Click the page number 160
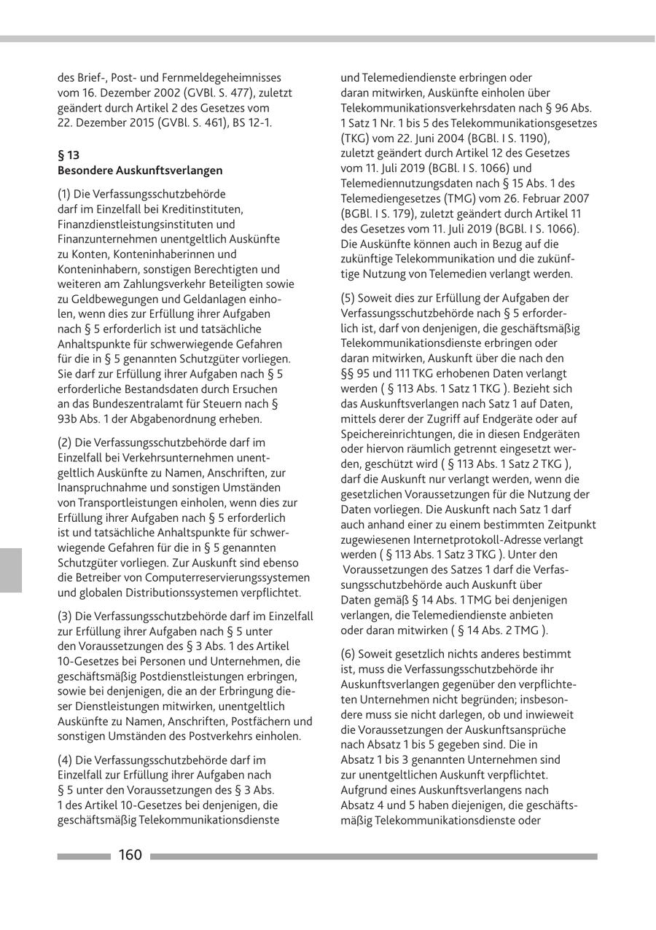pyautogui.click(x=130, y=855)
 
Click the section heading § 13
pyautogui.click(x=68, y=155)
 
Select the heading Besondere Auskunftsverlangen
pyautogui.click(x=140, y=170)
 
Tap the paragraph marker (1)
pyautogui.click(x=65, y=194)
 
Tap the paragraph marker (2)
pyautogui.click(x=65, y=442)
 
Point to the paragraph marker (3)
pyautogui.click(x=65, y=616)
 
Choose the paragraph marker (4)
pyautogui.click(x=65, y=759)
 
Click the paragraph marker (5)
pyautogui.click(x=348, y=297)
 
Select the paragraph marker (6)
pyautogui.click(x=348, y=654)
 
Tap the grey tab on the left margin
pyautogui.click(x=11, y=570)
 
